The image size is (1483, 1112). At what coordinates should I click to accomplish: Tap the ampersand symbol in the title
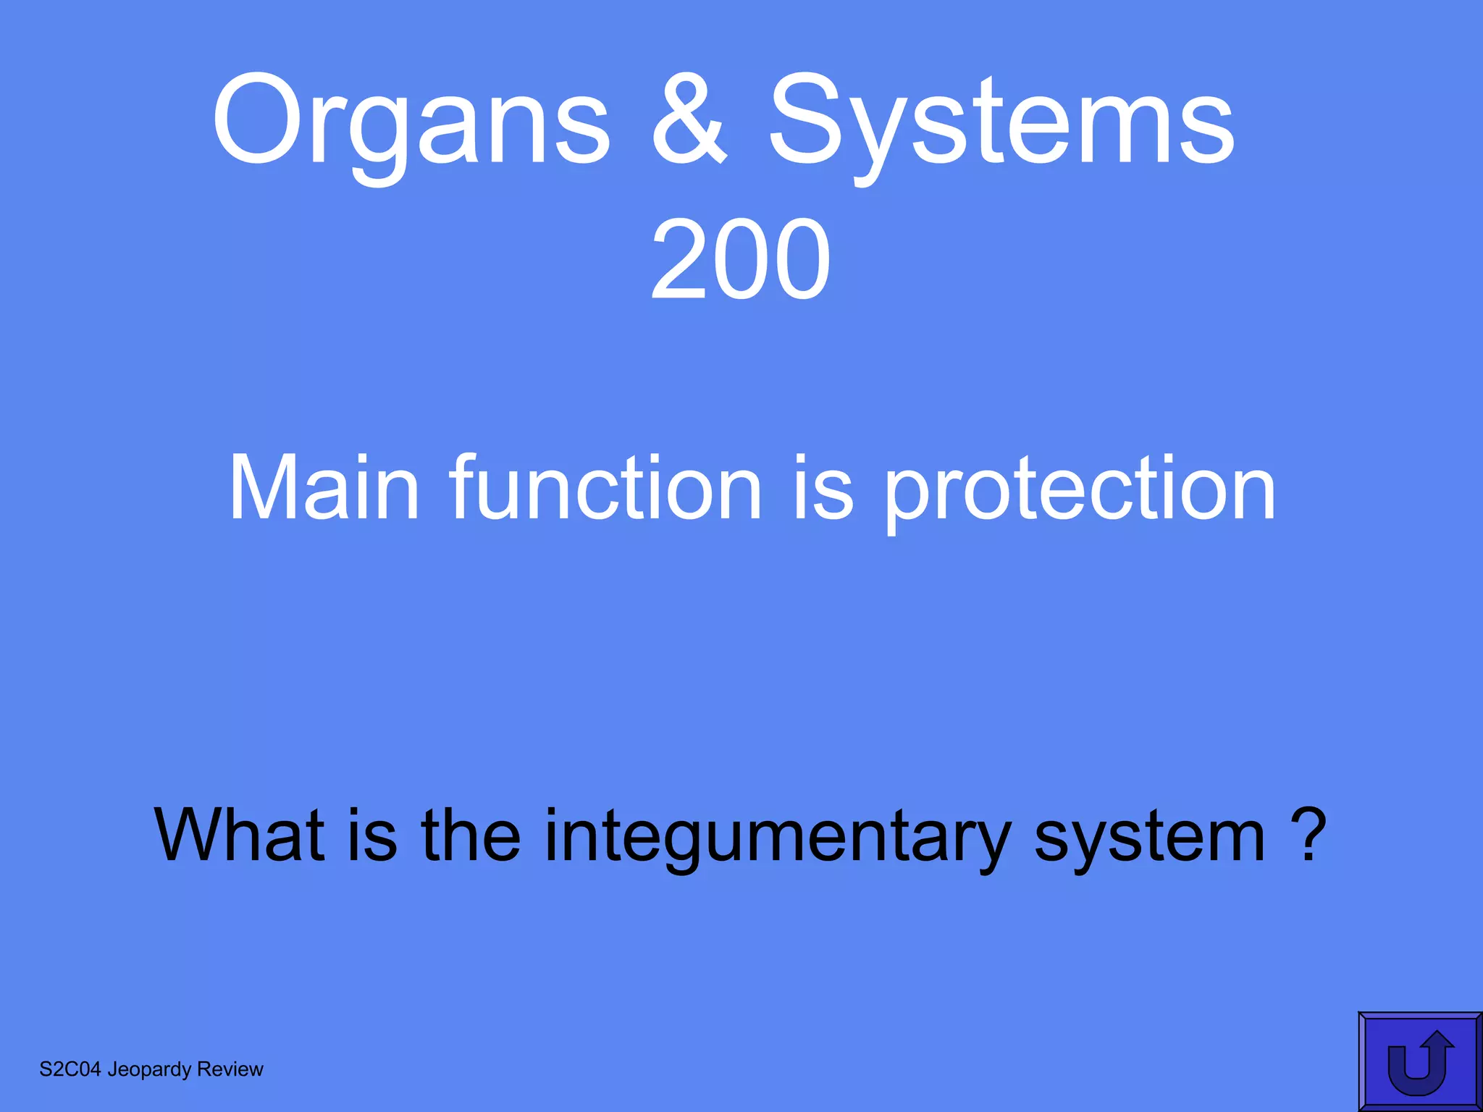tap(688, 119)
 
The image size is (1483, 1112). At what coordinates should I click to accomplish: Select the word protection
tap(1080, 492)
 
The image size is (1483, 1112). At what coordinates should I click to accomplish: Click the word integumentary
tap(776, 840)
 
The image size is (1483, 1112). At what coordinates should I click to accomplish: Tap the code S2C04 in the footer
tap(70, 1069)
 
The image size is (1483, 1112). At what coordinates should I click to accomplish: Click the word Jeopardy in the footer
tap(149, 1070)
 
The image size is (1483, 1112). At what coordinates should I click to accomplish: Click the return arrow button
tap(1419, 1061)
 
